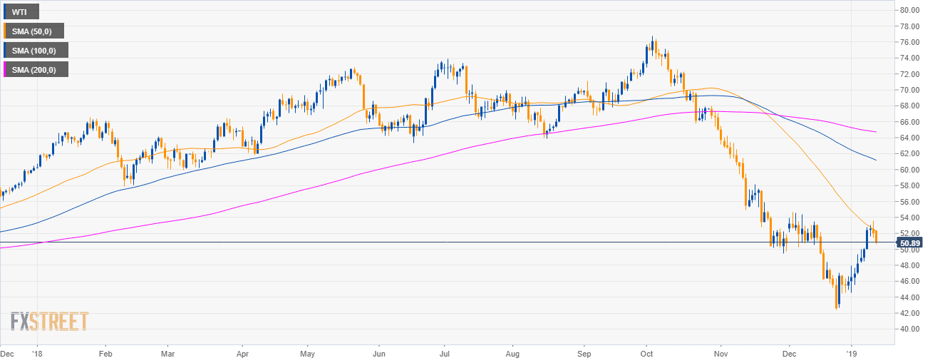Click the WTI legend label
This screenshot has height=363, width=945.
point(20,11)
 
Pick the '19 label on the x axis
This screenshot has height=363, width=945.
point(850,353)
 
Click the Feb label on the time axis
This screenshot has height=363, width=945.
point(105,353)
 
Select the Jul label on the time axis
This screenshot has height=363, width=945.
point(444,353)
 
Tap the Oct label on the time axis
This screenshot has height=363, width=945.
point(648,353)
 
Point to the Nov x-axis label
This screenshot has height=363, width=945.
point(721,353)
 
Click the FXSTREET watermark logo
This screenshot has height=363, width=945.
point(49,321)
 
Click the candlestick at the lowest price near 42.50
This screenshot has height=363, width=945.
point(837,307)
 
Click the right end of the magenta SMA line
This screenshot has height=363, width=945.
point(875,132)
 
